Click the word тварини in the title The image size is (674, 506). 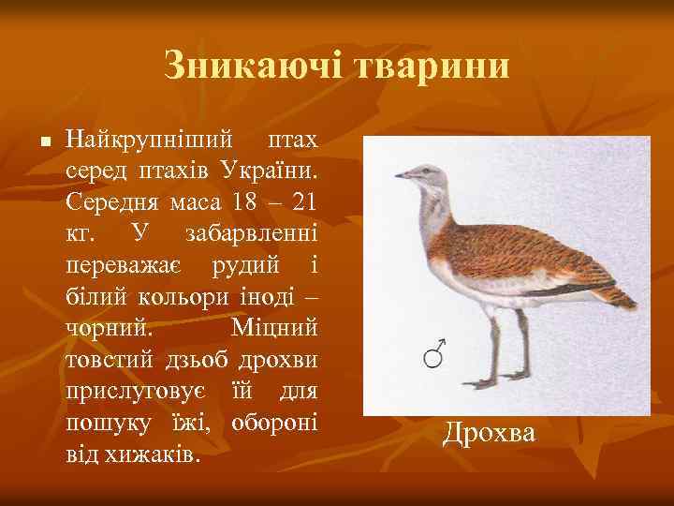pyautogui.click(x=432, y=66)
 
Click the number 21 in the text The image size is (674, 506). pyautogui.click(x=301, y=202)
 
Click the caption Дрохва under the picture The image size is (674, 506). pyautogui.click(x=502, y=433)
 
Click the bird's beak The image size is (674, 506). pyautogui.click(x=403, y=174)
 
